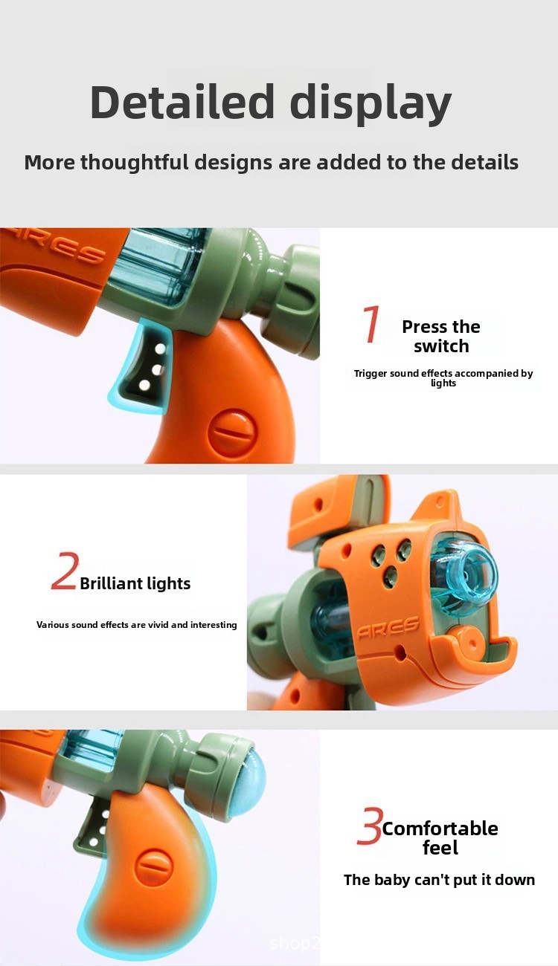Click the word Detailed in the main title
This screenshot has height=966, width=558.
[x=182, y=102]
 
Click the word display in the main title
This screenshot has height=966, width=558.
[x=371, y=104]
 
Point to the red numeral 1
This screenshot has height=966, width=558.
[x=371, y=324]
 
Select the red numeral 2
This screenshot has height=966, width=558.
[x=65, y=571]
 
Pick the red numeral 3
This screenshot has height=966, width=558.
[x=370, y=825]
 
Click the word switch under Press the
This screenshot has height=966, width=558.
[x=441, y=346]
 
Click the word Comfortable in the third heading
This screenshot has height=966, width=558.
[x=440, y=829]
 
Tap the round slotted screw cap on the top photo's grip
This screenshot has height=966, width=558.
[x=232, y=432]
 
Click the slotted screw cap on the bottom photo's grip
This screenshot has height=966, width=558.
[x=154, y=869]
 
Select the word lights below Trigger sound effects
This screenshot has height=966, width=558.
[x=443, y=383]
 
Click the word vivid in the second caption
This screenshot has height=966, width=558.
[x=158, y=625]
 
